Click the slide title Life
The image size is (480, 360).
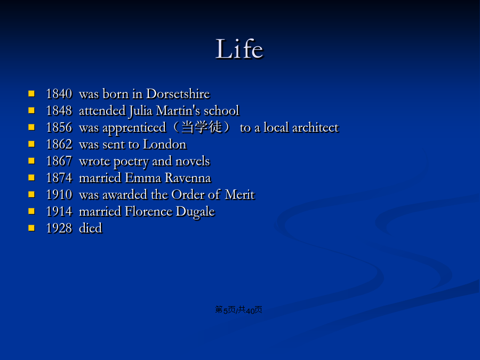point(239,49)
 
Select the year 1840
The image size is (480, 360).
point(59,94)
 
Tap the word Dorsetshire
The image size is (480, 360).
point(178,94)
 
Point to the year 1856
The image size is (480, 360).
point(59,127)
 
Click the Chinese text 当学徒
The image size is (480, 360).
point(202,127)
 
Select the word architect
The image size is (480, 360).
point(316,127)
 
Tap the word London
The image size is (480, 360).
point(165,144)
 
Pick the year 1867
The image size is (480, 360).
point(59,161)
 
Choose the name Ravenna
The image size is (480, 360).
point(188,178)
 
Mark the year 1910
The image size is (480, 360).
point(59,195)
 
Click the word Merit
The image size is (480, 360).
point(239,195)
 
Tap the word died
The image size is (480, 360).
point(90,228)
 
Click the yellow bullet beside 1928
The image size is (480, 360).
point(31,228)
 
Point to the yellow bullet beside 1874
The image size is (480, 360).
point(31,178)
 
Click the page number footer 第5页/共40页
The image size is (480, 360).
point(238,310)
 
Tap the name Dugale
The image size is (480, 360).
point(195,212)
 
